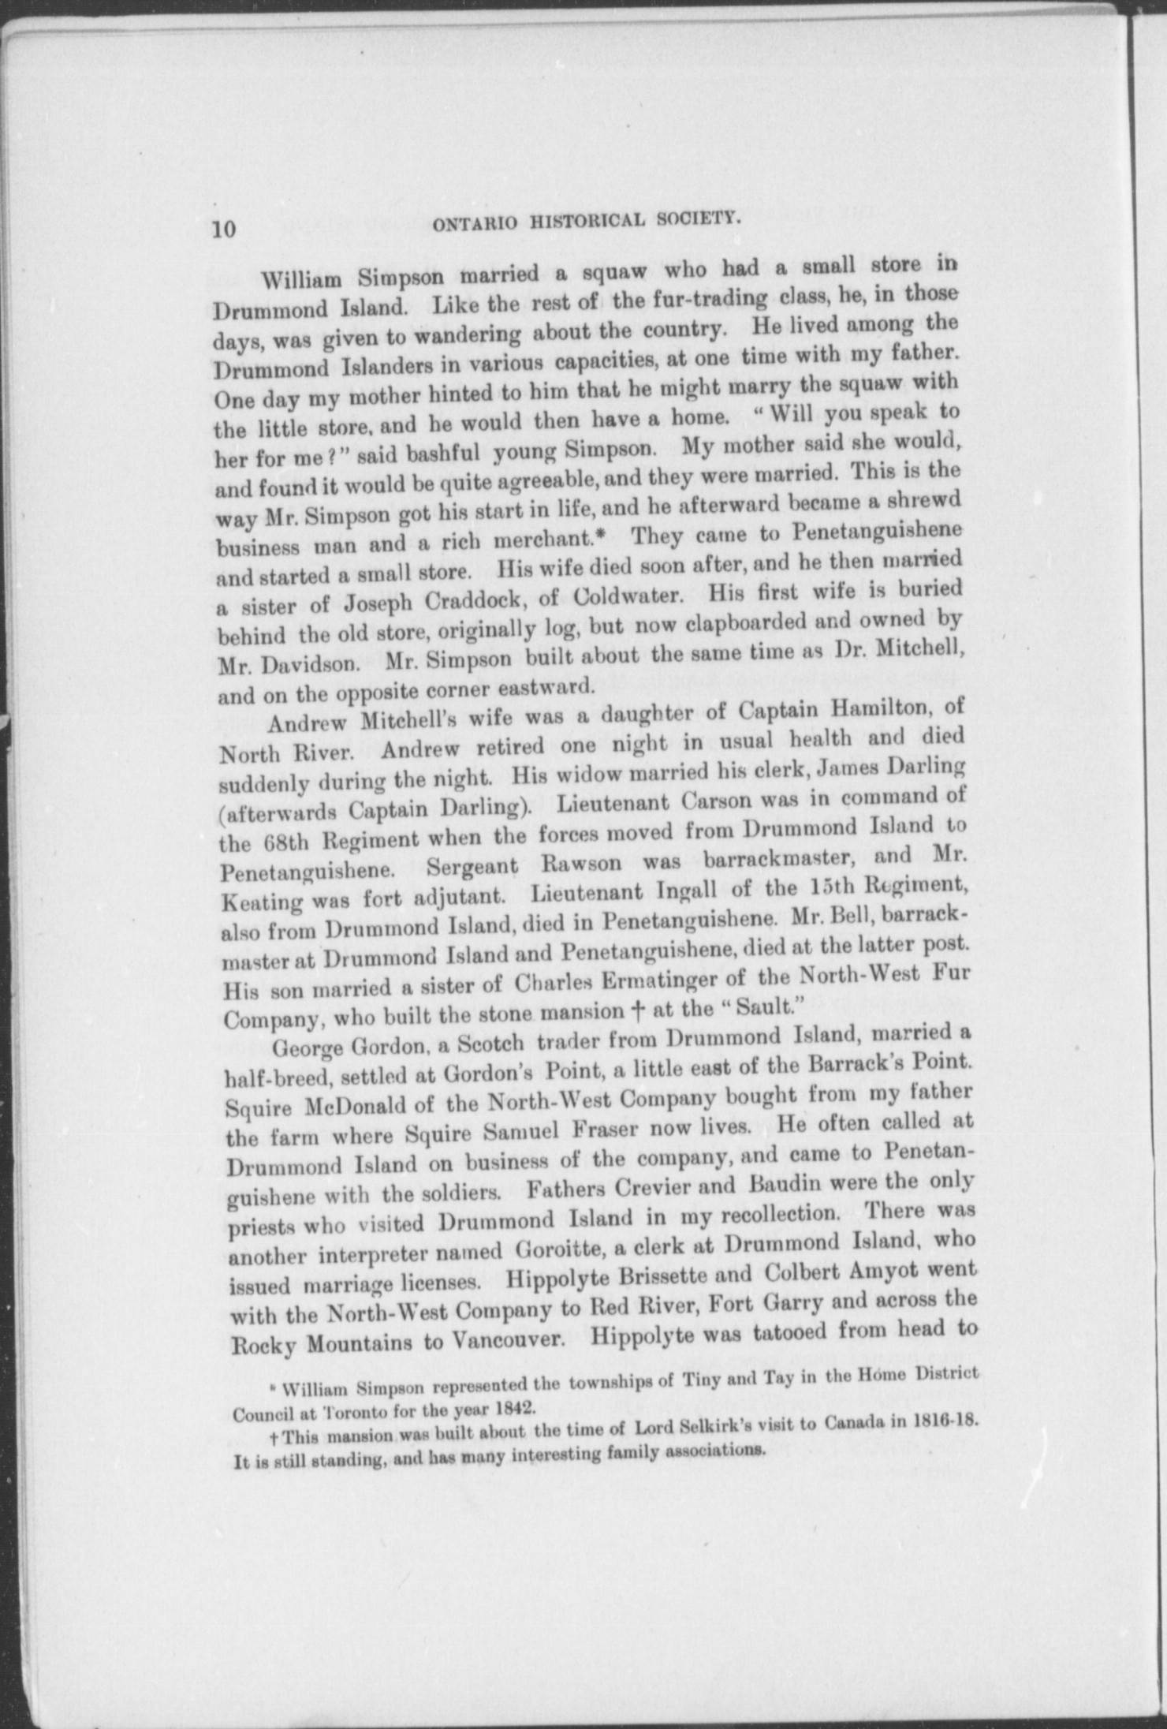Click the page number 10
coord(223,229)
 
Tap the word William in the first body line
coord(304,281)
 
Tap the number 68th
coord(251,842)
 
